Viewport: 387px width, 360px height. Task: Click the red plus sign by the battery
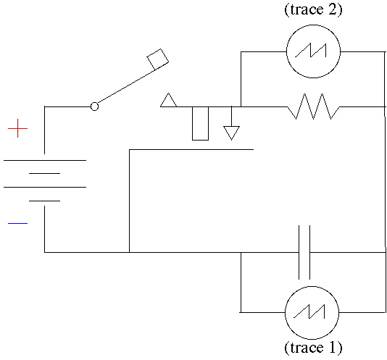18,128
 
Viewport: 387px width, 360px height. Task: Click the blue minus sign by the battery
18,223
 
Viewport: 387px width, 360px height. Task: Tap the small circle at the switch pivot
94,106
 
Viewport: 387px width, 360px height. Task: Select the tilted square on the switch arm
158,59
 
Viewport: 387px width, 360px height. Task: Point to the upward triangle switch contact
169,100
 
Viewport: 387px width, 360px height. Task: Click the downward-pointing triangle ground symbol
231,133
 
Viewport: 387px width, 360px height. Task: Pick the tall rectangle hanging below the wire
200,123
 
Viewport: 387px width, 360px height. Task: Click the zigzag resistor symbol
314,106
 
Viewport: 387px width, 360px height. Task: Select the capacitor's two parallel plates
304,252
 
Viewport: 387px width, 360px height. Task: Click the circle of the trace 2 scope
314,25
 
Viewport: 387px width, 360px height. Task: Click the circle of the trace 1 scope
312,286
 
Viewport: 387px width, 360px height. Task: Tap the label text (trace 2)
314,10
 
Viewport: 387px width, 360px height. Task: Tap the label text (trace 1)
314,348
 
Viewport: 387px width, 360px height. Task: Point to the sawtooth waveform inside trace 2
311,51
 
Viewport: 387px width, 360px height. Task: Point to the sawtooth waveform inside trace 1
309,311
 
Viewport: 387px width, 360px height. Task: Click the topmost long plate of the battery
45,160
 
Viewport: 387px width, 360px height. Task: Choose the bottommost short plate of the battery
45,201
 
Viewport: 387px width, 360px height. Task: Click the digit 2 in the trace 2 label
332,10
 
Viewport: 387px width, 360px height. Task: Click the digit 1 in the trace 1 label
332,348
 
